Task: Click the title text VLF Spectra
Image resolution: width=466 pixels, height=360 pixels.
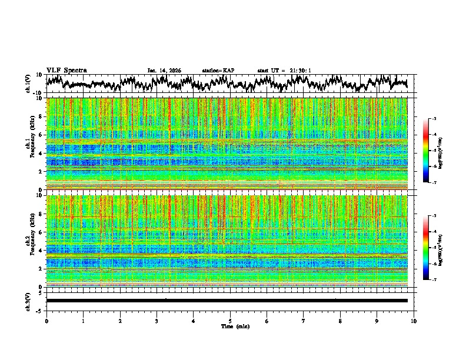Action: coord(66,70)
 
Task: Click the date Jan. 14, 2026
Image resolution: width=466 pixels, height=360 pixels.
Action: coord(164,71)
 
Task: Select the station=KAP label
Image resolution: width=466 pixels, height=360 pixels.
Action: coord(218,71)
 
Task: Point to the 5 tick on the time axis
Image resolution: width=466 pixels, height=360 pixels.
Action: coord(230,321)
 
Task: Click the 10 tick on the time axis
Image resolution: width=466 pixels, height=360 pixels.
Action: coord(414,321)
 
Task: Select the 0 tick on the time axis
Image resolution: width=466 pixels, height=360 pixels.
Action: coord(46,321)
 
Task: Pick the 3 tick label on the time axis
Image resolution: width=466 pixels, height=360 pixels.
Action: coord(157,321)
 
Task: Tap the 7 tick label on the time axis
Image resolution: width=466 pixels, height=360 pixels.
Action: coord(304,321)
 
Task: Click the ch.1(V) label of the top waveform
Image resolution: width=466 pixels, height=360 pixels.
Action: coord(28,84)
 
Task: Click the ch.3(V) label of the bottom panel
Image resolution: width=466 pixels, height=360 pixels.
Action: coord(28,301)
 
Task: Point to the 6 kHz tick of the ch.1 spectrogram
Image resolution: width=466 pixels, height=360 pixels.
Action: coord(41,135)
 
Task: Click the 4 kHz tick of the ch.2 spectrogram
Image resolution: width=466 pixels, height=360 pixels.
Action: coord(41,251)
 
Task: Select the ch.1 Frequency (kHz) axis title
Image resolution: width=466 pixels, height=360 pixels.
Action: coord(32,144)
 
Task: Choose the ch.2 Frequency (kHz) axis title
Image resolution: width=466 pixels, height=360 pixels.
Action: coord(32,241)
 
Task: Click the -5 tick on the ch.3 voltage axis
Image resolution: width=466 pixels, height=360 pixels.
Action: coord(40,310)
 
